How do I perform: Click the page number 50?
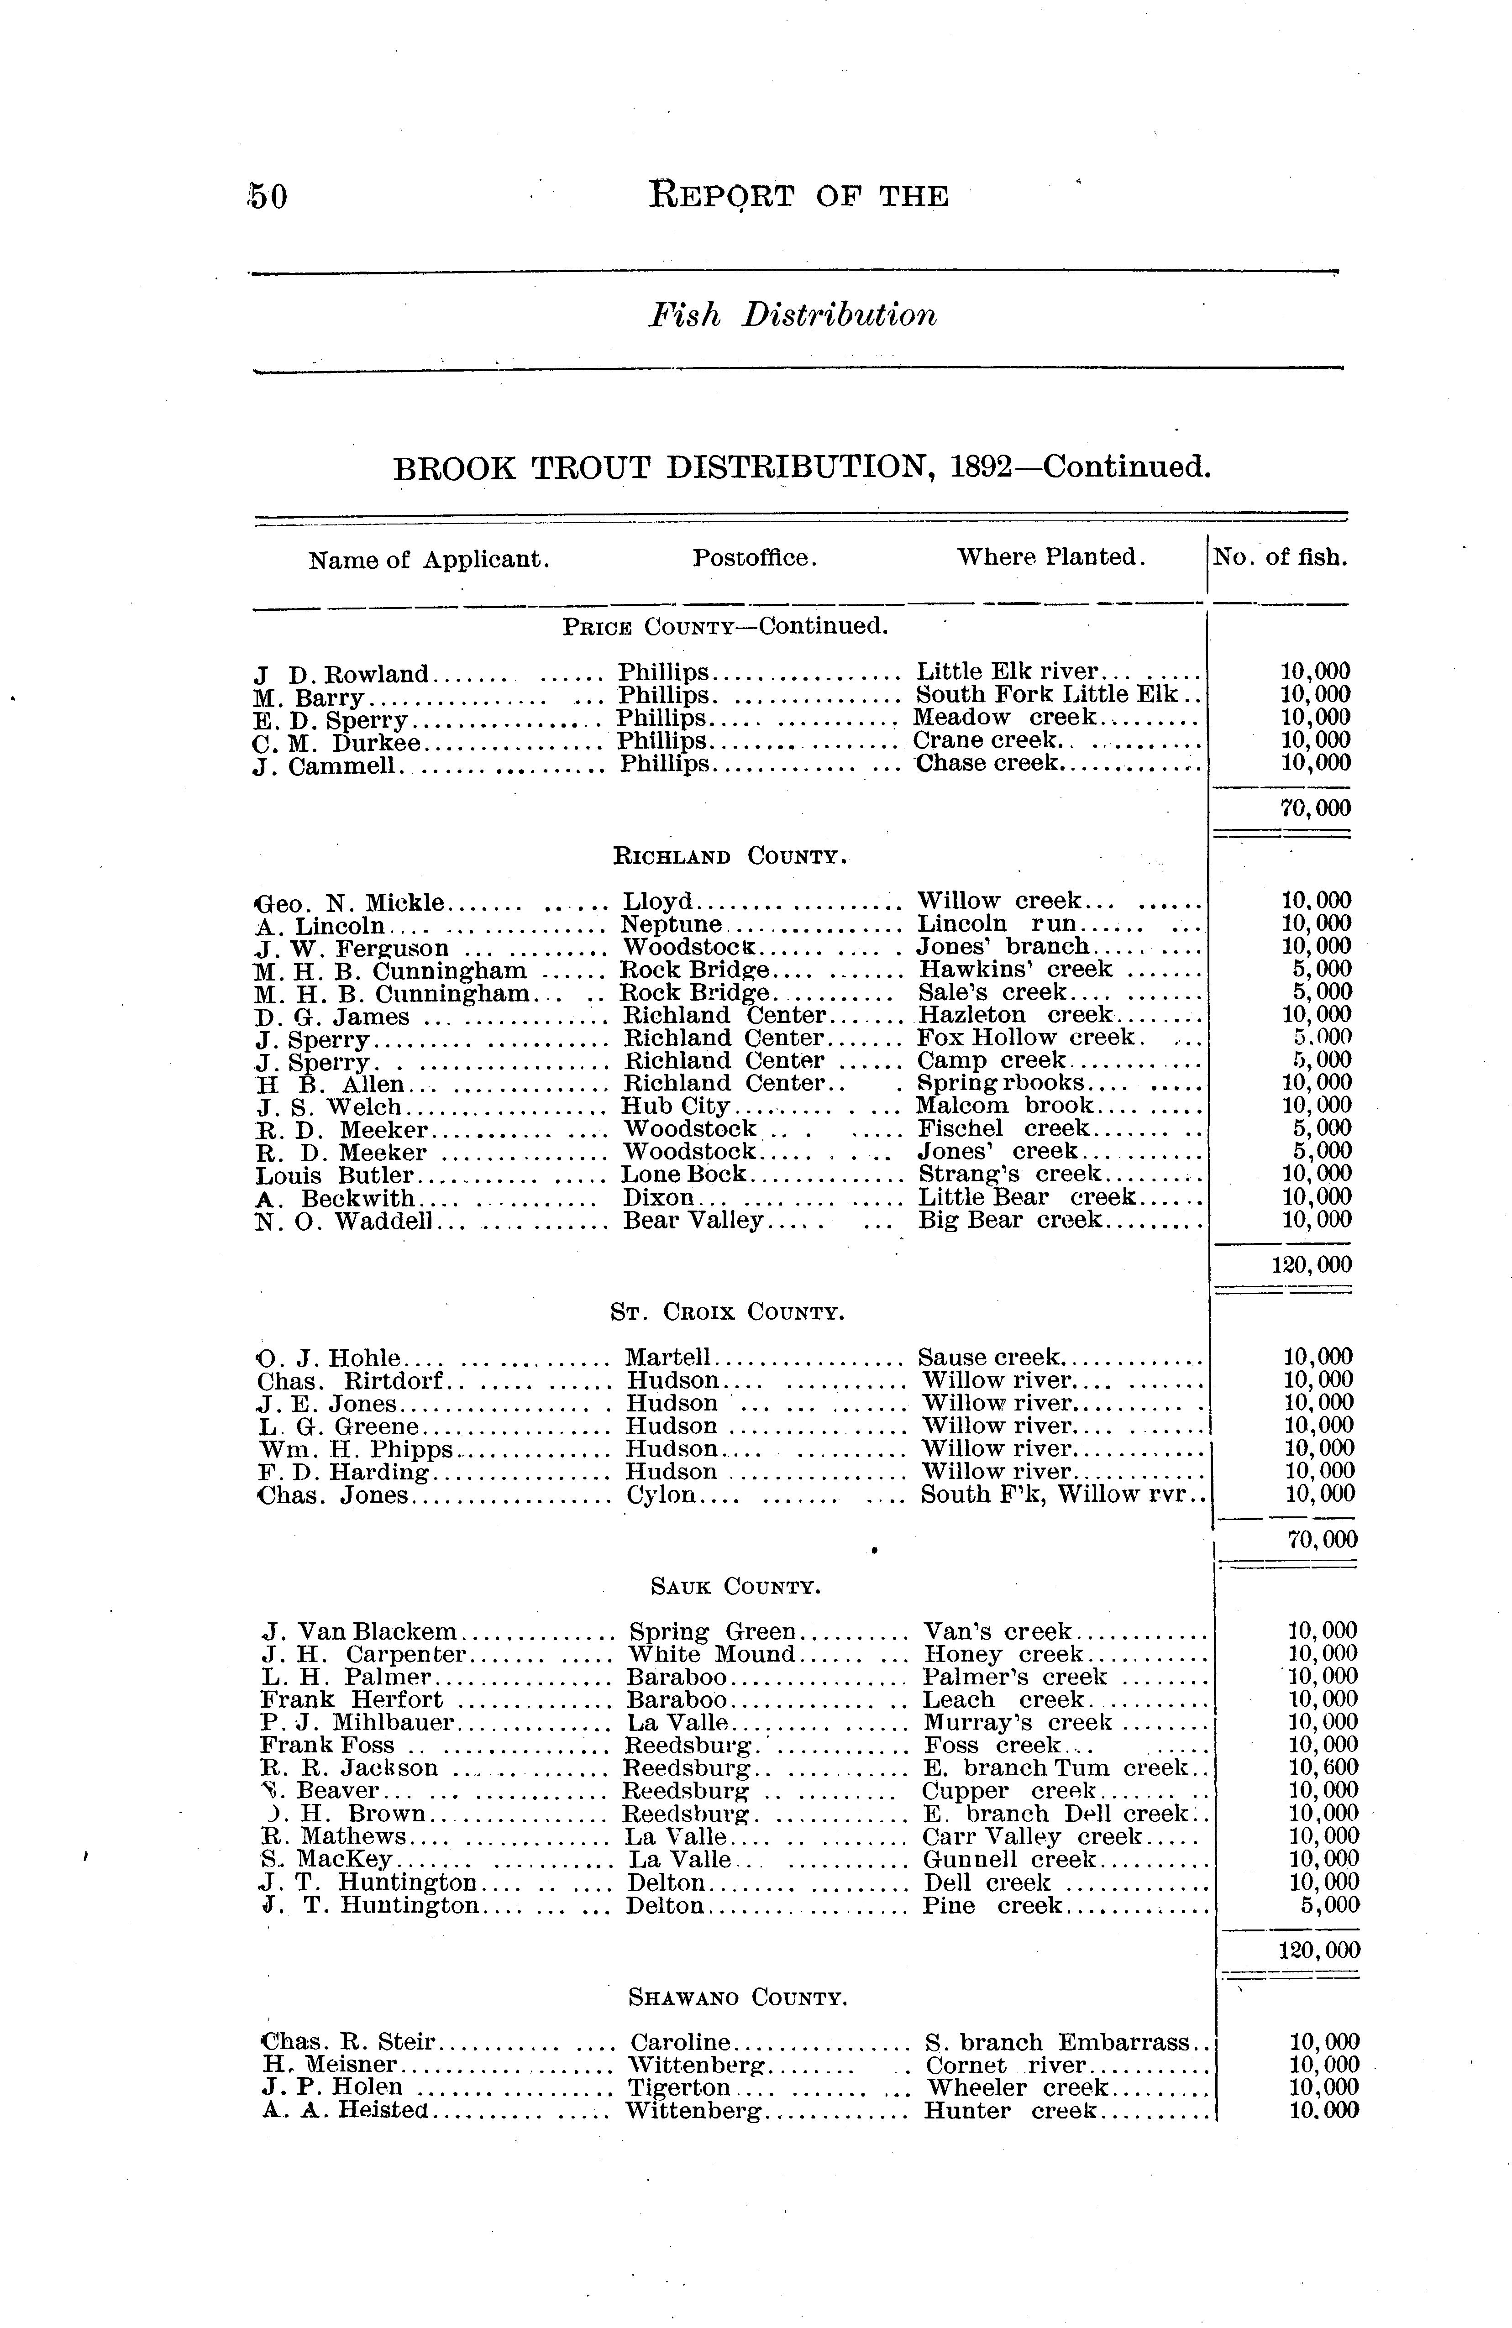(268, 197)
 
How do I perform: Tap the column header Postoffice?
(754, 559)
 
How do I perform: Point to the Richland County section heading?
(729, 857)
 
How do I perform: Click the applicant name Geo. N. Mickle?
(350, 901)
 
